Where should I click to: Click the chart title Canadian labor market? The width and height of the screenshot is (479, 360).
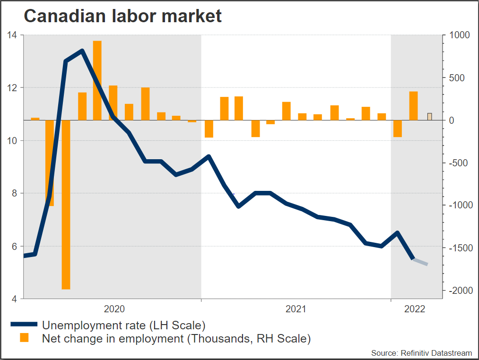click(122, 16)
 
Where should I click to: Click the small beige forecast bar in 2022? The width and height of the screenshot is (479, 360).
click(429, 117)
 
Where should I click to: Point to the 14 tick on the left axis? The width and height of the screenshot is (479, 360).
click(12, 35)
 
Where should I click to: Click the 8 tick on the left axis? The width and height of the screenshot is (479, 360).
click(15, 193)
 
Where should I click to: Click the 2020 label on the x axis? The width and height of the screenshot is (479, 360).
click(114, 309)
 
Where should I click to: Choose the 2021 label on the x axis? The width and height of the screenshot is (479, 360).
click(296, 309)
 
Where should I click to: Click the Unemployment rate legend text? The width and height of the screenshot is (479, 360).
click(123, 325)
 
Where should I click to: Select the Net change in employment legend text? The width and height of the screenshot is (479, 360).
click(176, 338)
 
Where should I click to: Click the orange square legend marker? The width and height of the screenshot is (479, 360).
click(24, 338)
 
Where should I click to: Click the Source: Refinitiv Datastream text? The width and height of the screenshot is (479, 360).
click(421, 353)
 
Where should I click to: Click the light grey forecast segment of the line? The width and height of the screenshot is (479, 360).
click(420, 262)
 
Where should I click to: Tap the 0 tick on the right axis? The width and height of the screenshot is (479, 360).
click(452, 120)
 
